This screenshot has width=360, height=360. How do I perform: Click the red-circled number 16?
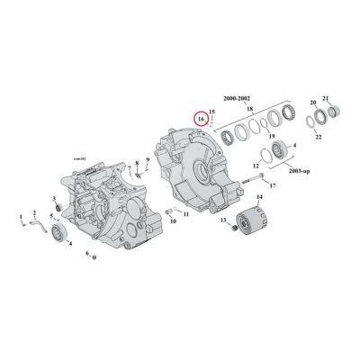(202, 118)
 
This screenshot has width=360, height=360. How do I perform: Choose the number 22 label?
(319, 137)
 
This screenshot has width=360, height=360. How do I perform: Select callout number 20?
(313, 103)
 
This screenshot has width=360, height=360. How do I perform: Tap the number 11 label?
(185, 215)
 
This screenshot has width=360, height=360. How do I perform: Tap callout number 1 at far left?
(20, 217)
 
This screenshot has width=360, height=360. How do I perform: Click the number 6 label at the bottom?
(87, 255)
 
